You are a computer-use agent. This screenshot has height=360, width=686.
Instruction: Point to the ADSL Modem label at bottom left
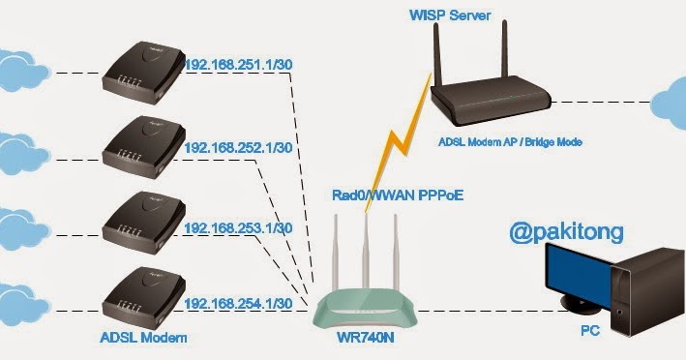tap(142, 339)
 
